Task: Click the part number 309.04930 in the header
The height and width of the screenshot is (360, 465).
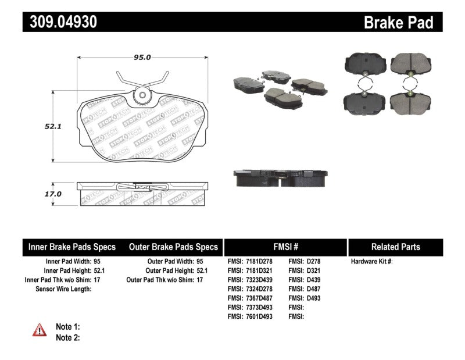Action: point(60,22)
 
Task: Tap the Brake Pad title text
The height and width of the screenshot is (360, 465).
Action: point(398,22)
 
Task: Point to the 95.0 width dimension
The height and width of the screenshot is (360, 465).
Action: point(142,57)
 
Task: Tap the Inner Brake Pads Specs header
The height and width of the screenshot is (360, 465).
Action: point(72,247)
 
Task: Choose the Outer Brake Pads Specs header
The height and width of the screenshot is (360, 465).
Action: point(173,247)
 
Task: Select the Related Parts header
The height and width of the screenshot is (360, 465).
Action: point(395,247)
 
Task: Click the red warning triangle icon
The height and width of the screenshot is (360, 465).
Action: point(40,330)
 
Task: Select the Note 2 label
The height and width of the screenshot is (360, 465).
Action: point(67,337)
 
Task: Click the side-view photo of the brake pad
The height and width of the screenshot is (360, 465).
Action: point(281,178)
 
